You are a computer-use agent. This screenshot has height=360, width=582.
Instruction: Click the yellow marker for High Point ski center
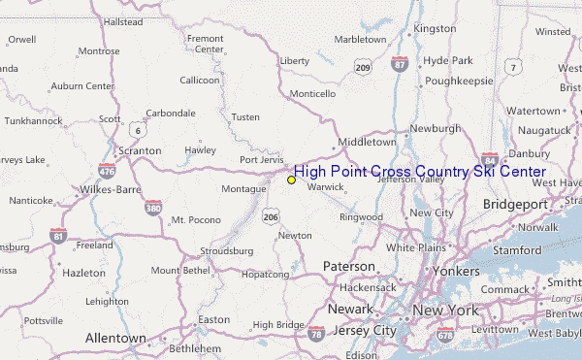point(291,180)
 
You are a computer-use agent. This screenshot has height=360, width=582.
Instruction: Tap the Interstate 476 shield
point(107,172)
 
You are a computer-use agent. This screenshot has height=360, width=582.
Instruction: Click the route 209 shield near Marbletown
point(362,67)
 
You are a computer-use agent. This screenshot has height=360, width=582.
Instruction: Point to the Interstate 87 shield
point(400,64)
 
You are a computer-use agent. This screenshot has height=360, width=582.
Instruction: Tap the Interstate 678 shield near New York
point(444,333)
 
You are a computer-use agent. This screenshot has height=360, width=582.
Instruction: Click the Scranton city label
point(138,151)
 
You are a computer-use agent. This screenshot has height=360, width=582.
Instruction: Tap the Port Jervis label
point(262,160)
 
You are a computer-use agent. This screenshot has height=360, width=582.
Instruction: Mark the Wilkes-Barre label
point(112,187)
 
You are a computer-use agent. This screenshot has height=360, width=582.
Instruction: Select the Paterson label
point(349,266)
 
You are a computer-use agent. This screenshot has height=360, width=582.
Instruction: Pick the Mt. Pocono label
point(192,220)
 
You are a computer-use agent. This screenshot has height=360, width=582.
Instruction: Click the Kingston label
point(434,29)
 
